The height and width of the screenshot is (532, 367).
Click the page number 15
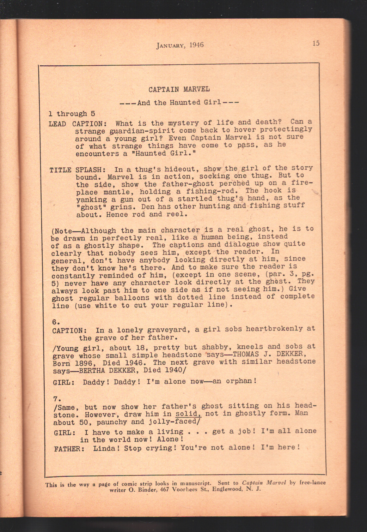coord(316,43)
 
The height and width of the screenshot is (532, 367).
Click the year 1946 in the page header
coord(196,45)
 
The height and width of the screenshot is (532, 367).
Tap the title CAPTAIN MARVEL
coord(179,89)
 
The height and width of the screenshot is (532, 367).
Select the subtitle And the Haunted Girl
coord(179,103)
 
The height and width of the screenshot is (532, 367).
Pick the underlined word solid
coord(188,414)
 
